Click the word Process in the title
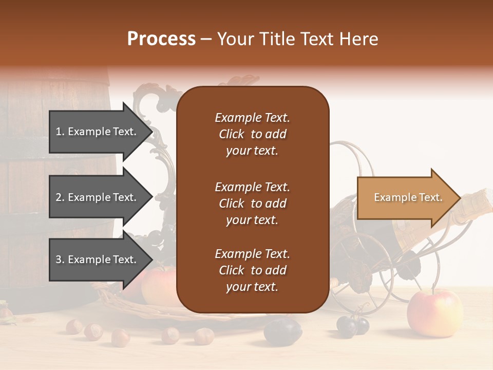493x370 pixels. point(161,39)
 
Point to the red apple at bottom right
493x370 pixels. point(434,313)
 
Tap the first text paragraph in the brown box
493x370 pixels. point(252,134)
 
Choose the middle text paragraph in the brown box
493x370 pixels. point(252,203)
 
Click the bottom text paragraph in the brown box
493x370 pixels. point(252,270)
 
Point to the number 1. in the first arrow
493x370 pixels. point(60,132)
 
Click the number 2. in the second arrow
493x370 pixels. point(60,197)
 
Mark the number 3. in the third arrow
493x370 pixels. point(60,260)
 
